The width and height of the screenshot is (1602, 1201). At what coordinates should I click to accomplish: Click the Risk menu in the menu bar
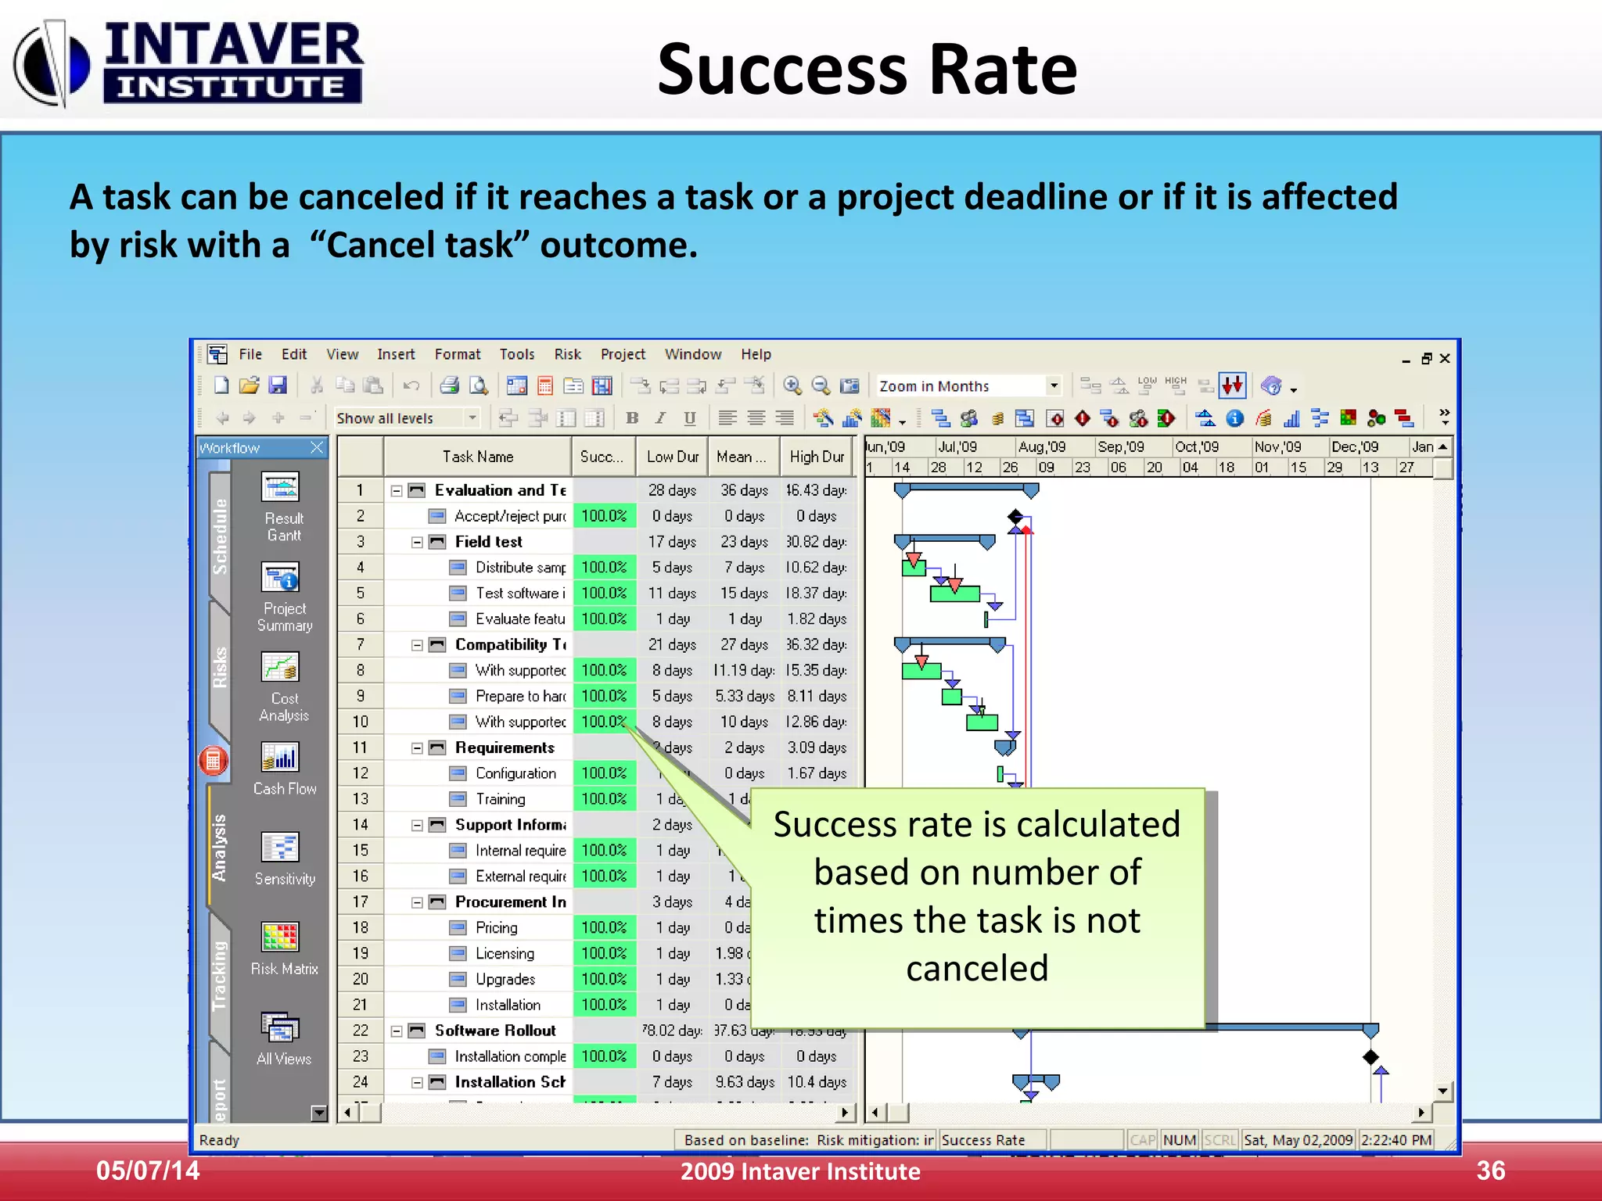[x=567, y=354]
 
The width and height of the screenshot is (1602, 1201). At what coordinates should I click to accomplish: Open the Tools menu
[x=517, y=354]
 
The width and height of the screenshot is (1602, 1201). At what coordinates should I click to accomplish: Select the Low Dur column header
[x=672, y=457]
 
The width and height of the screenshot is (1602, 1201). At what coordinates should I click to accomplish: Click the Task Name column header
[x=478, y=457]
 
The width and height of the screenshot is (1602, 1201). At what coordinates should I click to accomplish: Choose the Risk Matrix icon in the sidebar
[x=281, y=937]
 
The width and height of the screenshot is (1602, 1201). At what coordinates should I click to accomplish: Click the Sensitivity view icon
[x=281, y=848]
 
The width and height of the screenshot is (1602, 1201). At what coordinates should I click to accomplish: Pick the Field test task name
[x=489, y=542]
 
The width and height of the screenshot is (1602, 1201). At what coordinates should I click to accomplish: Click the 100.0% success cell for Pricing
[x=604, y=927]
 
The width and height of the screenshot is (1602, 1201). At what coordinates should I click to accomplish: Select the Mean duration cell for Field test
[x=744, y=542]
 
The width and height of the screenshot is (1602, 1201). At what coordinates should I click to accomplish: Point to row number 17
[x=360, y=902]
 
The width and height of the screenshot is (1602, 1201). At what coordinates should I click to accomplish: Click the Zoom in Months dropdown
[x=968, y=386]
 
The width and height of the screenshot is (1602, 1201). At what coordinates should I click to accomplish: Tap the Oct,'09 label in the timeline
[x=1197, y=446]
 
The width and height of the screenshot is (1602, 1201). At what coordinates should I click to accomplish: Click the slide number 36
[x=1490, y=1171]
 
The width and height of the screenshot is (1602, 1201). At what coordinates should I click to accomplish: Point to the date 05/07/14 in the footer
[x=148, y=1171]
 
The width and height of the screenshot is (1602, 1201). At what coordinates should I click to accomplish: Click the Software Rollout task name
[x=495, y=1031]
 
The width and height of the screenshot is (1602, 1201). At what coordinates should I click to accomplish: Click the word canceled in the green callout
[x=977, y=968]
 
